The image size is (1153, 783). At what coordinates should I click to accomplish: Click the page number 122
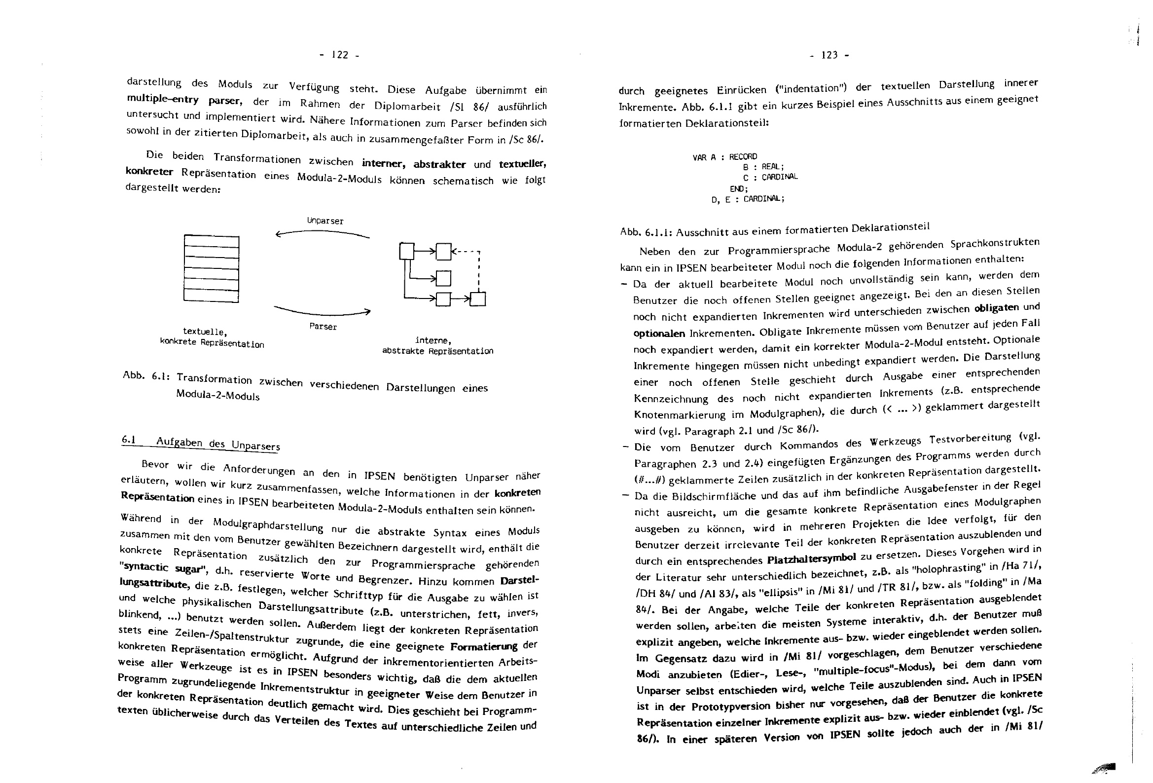tap(340, 55)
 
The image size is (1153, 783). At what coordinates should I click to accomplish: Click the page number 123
tap(829, 55)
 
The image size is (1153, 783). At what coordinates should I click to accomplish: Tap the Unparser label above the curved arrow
tap(325, 221)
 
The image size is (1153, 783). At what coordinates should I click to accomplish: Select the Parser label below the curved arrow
tap(323, 327)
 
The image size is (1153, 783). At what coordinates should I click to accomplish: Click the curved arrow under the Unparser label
tap(323, 233)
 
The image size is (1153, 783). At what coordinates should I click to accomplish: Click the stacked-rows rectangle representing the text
tap(212, 268)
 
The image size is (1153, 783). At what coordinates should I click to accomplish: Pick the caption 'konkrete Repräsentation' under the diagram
tap(212, 343)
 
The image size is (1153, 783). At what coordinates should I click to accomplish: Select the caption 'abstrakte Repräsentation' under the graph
tap(437, 351)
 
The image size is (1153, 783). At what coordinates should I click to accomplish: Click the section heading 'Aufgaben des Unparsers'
tap(218, 444)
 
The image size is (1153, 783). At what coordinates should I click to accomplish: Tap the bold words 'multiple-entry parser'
tap(184, 100)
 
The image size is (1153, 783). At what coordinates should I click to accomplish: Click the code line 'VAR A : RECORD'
tap(725, 157)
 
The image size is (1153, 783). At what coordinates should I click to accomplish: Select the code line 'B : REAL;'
tap(763, 167)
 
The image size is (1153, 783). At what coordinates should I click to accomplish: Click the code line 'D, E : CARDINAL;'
tap(748, 199)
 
